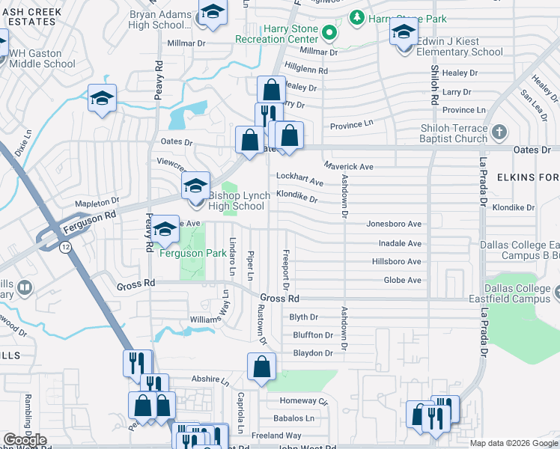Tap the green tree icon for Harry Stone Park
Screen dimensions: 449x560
tap(358, 16)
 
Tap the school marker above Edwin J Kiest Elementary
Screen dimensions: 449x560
tap(403, 32)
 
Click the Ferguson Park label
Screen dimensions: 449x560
tap(193, 254)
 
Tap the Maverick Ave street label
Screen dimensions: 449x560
tap(348, 166)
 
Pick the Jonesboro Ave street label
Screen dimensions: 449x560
tap(394, 224)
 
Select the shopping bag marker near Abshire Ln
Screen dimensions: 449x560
tap(261, 367)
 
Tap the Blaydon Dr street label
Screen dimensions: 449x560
tap(312, 353)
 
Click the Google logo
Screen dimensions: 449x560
tap(25, 439)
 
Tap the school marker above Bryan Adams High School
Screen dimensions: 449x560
tap(213, 13)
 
